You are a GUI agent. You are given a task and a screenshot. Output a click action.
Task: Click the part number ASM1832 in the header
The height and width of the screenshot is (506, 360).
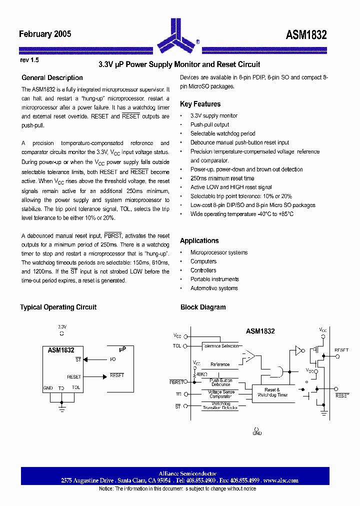tap(306, 35)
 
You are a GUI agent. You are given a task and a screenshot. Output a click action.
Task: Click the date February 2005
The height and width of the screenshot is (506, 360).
tap(45, 34)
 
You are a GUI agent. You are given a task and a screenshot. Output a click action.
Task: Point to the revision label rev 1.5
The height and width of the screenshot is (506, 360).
tap(29, 59)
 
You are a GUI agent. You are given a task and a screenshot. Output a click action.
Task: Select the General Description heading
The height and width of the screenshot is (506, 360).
tap(52, 77)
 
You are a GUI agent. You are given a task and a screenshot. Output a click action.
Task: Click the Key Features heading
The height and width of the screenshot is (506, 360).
tap(200, 104)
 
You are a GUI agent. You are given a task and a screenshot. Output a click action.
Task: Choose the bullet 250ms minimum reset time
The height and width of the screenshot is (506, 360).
tap(222, 178)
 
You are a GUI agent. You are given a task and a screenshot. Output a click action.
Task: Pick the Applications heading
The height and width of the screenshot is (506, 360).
tap(199, 240)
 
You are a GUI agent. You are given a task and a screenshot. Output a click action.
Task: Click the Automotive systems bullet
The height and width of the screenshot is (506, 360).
tap(214, 288)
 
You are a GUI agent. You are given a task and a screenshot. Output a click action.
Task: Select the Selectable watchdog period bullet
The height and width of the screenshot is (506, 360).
tap(222, 133)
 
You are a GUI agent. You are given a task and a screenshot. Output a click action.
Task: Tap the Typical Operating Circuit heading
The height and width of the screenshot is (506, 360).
tap(58, 307)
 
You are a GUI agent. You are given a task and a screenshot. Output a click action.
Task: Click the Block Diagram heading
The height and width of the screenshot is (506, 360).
tap(203, 307)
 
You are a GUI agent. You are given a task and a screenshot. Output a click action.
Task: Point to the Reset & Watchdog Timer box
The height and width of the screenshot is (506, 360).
tap(272, 392)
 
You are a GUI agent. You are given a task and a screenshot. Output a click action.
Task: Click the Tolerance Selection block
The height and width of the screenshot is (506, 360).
tap(220, 346)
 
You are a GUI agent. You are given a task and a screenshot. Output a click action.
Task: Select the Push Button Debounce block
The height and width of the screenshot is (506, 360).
tap(220, 382)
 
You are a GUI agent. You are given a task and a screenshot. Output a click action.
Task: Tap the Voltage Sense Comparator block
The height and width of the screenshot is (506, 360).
tap(220, 394)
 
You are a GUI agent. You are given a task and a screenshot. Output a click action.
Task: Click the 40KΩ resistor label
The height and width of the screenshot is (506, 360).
tap(201, 374)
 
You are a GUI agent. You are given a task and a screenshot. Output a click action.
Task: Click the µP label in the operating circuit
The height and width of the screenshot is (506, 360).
tap(122, 349)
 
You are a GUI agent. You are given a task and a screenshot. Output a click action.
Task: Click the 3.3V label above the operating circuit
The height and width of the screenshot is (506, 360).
tap(61, 326)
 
